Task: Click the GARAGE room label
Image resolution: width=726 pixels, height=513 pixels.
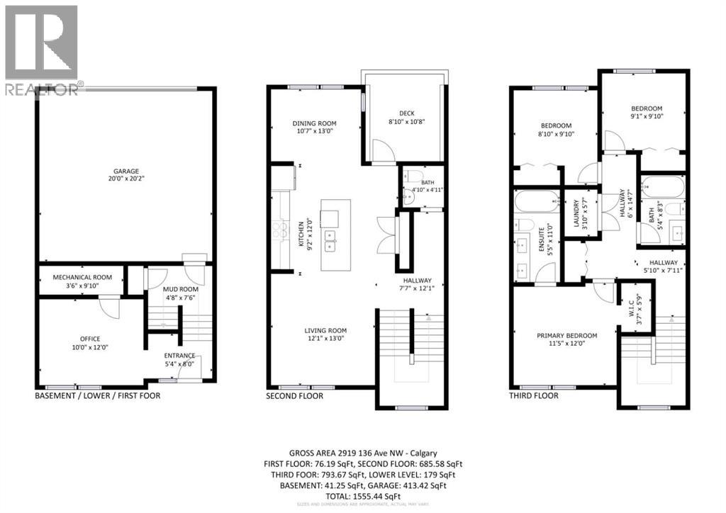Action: point(126,171)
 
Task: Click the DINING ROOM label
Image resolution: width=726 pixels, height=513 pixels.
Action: point(313,124)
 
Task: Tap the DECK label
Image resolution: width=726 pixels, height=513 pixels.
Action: point(406,113)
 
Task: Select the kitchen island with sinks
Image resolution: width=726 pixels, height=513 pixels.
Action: point(330,235)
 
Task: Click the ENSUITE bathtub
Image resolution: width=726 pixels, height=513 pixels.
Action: point(536,201)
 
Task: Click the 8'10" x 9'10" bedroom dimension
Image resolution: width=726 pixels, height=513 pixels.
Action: point(555,133)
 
